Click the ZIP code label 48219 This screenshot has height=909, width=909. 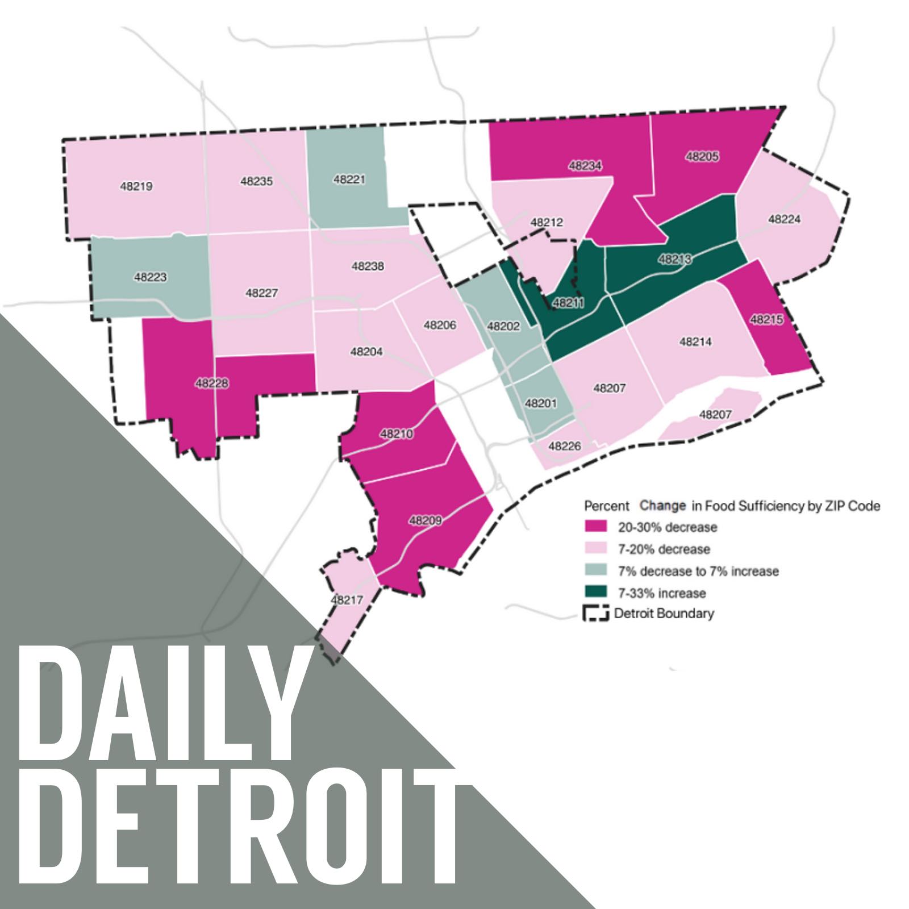pos(136,186)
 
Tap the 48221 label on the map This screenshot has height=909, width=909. pos(349,180)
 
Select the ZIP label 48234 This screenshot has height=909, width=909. pos(585,166)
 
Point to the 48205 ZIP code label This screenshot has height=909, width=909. pos(702,156)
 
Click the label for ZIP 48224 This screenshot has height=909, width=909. pos(785,219)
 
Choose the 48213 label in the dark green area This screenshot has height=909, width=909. pos(675,260)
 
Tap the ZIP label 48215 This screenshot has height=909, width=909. pos(767,320)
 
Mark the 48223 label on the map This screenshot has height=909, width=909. pos(151,277)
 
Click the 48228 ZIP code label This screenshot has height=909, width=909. pos(212,383)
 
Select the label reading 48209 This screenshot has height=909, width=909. pos(426,520)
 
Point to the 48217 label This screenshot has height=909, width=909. pos(347,600)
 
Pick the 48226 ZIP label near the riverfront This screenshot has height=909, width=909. pos(565,447)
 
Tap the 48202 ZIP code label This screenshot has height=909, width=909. pos(503,327)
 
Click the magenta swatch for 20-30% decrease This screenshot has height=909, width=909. pos(595,527)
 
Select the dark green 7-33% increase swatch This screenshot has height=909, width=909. pos(595,593)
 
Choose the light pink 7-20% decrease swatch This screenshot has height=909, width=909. pos(595,549)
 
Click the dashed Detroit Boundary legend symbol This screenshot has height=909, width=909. pos(595,614)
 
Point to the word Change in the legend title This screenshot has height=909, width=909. pos(662,506)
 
